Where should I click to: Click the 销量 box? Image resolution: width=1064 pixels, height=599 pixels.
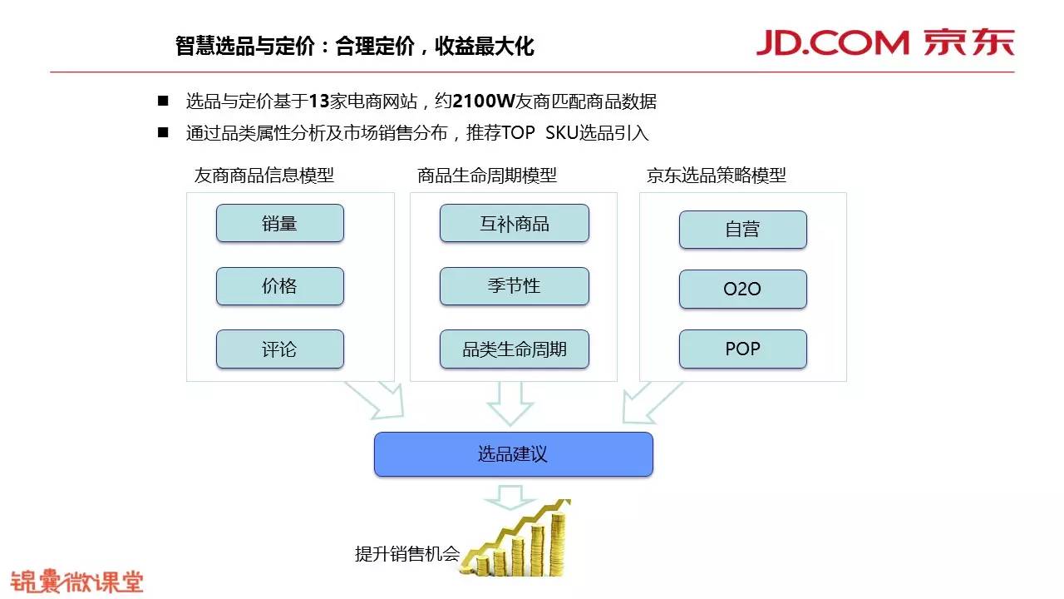[279, 223]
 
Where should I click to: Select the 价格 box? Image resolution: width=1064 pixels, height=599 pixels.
[279, 286]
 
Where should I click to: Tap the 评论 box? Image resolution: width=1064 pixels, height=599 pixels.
[279, 349]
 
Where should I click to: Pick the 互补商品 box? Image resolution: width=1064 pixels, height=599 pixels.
[514, 223]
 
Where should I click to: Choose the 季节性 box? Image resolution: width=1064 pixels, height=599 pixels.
[514, 286]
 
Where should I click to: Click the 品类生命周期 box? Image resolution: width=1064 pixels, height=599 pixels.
[514, 349]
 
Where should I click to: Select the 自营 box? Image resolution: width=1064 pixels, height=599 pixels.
[742, 230]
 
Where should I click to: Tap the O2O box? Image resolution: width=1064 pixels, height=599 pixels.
[742, 289]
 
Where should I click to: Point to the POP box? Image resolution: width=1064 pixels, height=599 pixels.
[742, 349]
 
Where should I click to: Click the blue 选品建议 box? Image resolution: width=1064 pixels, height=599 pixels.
[513, 454]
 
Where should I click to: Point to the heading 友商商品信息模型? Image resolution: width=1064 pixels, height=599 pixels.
[264, 176]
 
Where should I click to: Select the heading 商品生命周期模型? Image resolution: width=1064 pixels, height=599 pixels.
[487, 176]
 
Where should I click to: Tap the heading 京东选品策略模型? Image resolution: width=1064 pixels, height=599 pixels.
[716, 176]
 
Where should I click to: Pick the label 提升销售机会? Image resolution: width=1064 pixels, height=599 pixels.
[406, 554]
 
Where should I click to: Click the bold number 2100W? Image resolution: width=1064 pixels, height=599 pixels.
[484, 101]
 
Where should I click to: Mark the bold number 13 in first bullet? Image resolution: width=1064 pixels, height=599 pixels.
[319, 101]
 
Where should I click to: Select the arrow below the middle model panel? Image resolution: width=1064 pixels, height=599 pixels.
[510, 403]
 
